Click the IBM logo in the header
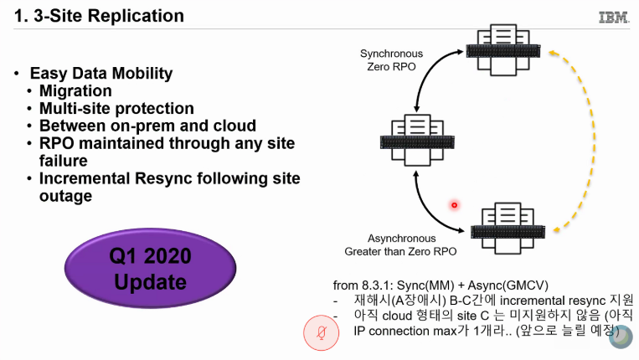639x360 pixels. tap(614, 17)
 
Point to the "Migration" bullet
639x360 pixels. tap(75, 91)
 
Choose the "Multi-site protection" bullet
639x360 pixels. tap(116, 109)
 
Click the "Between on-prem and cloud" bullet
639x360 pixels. tap(147, 126)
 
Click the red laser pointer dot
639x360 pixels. tap(455, 204)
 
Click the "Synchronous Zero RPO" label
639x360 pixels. tap(391, 60)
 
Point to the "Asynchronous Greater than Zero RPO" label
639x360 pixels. tap(400, 244)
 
